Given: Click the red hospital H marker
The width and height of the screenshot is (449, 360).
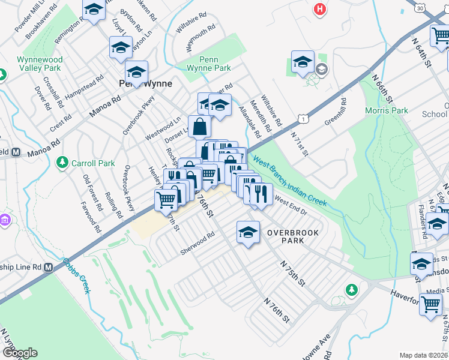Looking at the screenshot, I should coord(321,9).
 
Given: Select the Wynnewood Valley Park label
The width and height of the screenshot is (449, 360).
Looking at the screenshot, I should coord(39,64).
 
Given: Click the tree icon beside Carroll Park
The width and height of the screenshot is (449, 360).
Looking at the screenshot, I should coord(61,163).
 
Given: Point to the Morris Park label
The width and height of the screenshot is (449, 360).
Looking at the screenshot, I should coord(386,110).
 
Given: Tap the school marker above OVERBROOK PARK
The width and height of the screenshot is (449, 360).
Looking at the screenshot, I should coord(247,233).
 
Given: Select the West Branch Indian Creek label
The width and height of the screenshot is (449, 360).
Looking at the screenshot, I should coord(289,182).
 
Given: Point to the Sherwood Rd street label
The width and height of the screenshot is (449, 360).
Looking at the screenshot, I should coord(197,244).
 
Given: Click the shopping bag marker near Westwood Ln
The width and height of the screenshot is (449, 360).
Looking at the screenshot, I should coord(199,127).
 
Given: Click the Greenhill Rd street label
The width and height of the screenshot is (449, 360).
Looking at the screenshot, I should coord(336,112).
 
